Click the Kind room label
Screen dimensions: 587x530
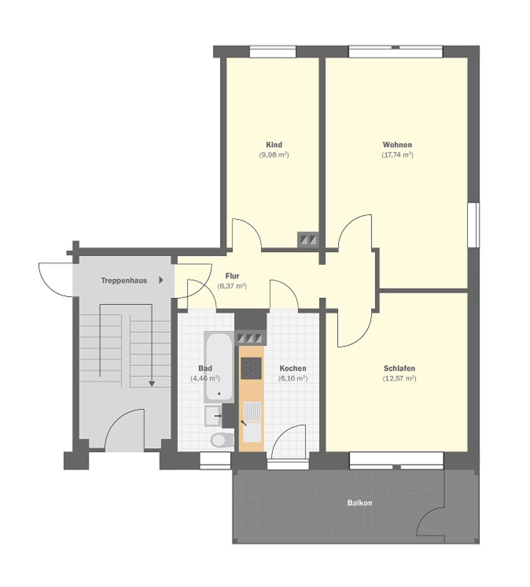tap(273, 145)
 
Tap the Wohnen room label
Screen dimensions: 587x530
tap(397, 145)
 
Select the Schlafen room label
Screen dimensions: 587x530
tap(399, 369)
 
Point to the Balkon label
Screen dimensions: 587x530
tap(360, 503)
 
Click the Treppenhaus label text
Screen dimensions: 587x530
tap(124, 281)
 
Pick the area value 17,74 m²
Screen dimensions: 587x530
tap(397, 155)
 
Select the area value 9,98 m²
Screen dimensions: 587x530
tap(273, 155)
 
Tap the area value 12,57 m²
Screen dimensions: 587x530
tap(399, 378)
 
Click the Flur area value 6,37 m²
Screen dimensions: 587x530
tap(232, 286)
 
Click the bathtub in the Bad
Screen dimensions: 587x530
tap(219, 367)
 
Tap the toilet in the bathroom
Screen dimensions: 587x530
tap(222, 439)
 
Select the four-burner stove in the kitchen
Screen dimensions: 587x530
tap(251, 368)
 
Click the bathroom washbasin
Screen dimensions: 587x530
tap(213, 416)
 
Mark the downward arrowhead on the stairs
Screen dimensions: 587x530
tap(152, 383)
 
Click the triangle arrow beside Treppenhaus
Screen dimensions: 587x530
tap(161, 281)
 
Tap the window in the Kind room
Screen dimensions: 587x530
tap(273, 52)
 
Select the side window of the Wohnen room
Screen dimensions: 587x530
tap(474, 224)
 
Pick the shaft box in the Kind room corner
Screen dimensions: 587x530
tap(308, 239)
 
